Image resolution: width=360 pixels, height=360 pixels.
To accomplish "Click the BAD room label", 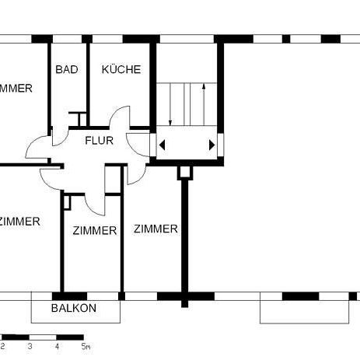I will click(x=67, y=69).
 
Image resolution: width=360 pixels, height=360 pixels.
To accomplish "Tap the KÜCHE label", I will click(x=121, y=69).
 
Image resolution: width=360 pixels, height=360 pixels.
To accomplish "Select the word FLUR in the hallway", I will click(x=100, y=141).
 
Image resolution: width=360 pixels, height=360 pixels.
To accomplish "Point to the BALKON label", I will click(x=74, y=308).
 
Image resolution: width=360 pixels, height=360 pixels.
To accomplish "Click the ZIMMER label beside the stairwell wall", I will click(x=156, y=229).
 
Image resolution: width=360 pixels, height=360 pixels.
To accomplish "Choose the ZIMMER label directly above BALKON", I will click(x=95, y=230).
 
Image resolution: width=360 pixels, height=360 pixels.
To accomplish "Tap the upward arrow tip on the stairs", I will click(x=204, y=86).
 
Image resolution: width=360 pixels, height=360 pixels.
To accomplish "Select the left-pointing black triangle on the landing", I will click(x=163, y=145).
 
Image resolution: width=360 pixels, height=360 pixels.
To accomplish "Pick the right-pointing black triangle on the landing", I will click(x=211, y=145).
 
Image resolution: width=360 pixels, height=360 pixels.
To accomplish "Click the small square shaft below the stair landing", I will click(x=185, y=172).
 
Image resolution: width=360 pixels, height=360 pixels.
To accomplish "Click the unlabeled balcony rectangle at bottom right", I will click(x=304, y=311).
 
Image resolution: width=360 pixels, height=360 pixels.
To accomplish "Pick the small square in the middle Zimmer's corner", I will click(x=68, y=202).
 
